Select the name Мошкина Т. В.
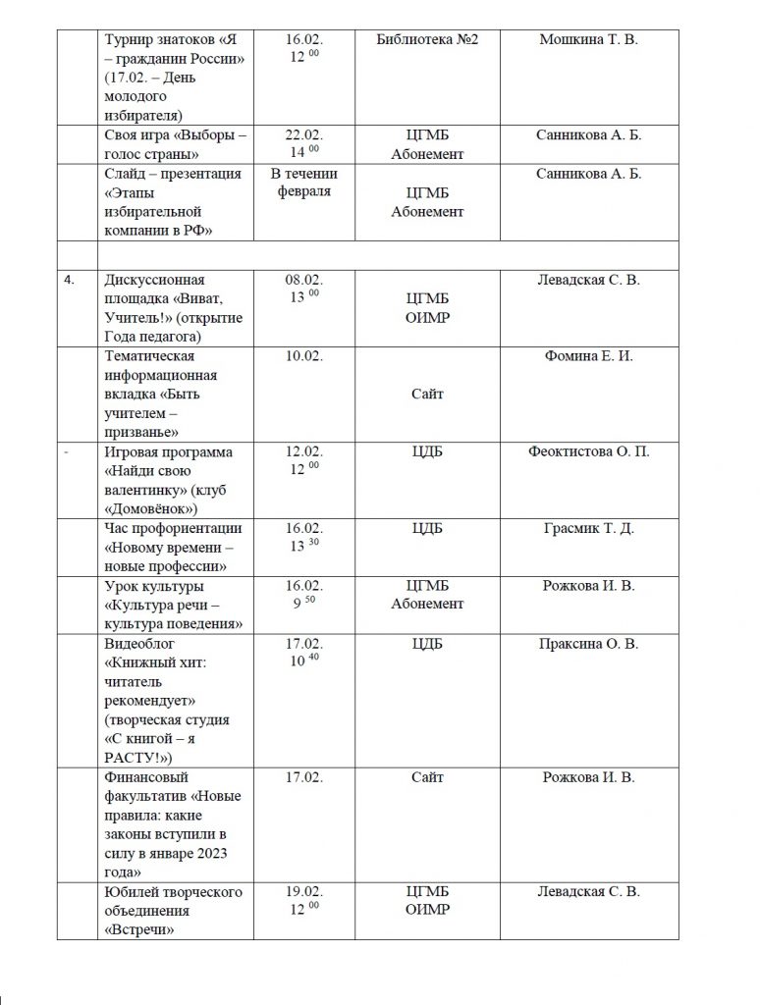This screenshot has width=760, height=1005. tap(588, 39)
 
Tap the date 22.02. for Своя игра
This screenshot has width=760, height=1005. tap(303, 135)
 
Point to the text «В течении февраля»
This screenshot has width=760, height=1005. tap(303, 183)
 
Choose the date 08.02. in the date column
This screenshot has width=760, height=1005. tap(303, 280)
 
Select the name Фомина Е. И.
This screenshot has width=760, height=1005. tap(588, 356)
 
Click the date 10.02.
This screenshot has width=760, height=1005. tap(303, 356)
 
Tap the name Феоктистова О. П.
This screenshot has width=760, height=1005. tap(588, 451)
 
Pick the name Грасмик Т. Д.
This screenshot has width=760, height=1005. tap(588, 528)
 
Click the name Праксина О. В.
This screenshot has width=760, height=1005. tap(588, 644)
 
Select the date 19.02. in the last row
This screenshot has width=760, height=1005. tap(303, 892)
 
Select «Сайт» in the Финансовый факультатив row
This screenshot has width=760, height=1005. tap(428, 778)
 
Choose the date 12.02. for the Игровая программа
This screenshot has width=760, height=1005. tap(303, 451)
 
